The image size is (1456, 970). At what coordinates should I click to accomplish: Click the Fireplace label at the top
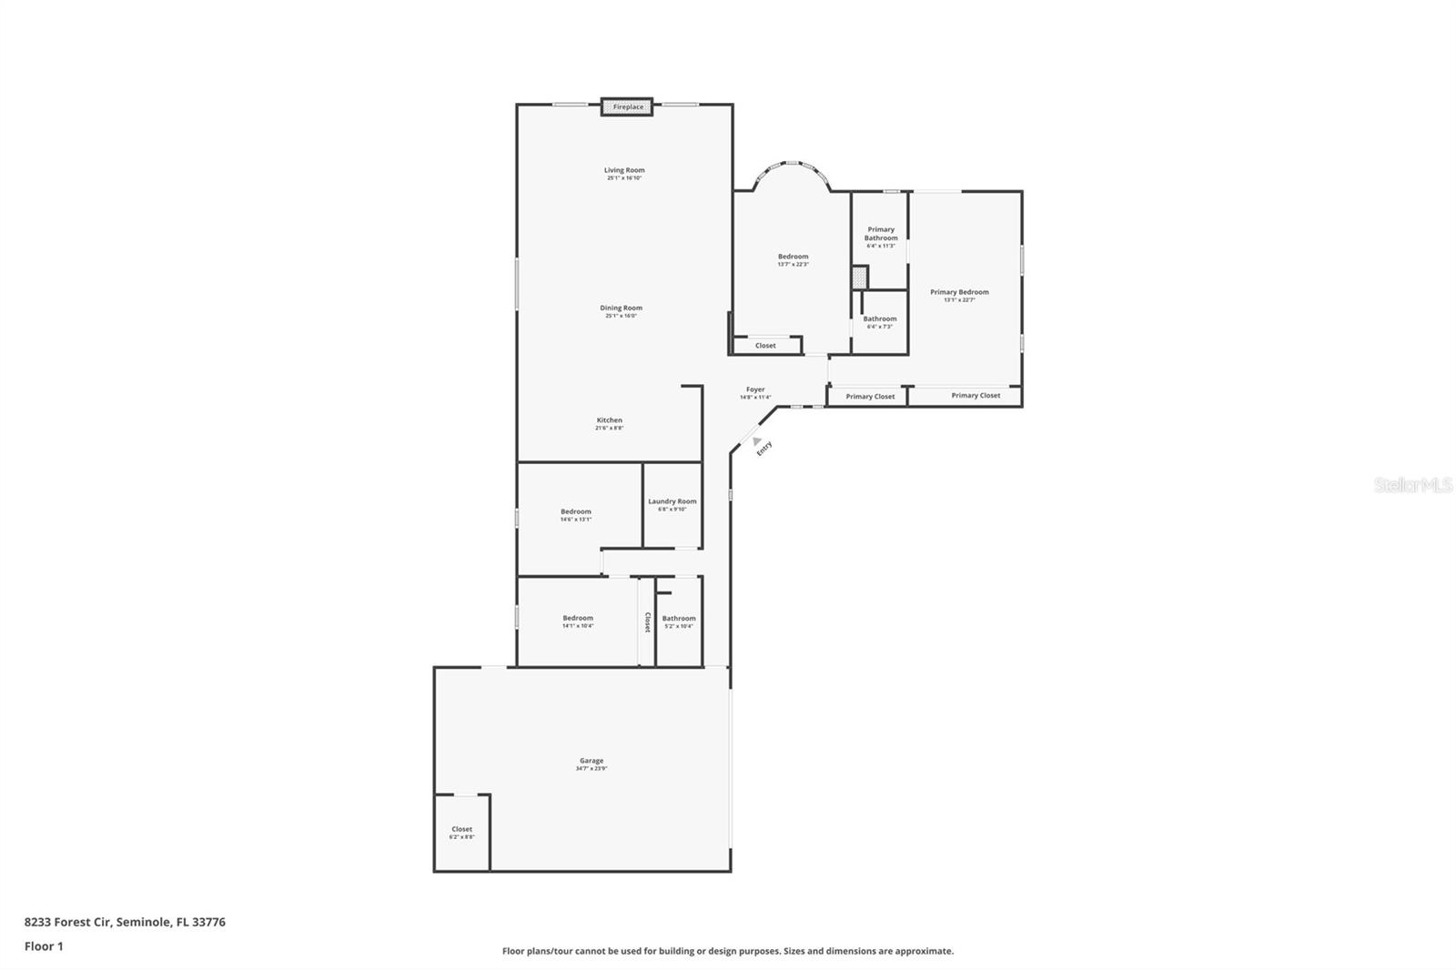tap(628, 107)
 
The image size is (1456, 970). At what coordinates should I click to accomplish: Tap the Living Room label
tap(624, 171)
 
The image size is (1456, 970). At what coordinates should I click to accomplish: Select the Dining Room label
tap(621, 308)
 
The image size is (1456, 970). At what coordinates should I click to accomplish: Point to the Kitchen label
tap(609, 420)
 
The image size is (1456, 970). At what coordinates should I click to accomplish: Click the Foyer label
tap(755, 389)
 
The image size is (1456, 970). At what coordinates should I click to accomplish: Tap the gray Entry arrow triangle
tap(756, 441)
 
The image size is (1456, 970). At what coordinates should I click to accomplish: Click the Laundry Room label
tap(672, 501)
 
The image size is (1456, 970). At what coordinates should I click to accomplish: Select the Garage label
tap(591, 761)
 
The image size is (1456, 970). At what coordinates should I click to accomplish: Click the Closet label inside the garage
tap(461, 829)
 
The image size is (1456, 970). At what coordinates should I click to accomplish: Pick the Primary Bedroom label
tap(959, 292)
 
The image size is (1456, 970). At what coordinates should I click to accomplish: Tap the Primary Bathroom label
tap(881, 234)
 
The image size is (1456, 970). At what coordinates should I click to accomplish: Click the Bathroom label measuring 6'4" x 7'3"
tap(880, 319)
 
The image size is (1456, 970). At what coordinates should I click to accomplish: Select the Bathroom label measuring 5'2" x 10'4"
tap(679, 619)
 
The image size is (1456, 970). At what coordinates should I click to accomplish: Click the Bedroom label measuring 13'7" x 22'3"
tap(793, 257)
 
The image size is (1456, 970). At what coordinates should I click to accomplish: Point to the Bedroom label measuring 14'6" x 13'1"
tap(575, 511)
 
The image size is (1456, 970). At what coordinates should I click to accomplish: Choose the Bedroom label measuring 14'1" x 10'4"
tap(577, 619)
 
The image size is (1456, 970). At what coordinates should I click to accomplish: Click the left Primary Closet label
tap(870, 397)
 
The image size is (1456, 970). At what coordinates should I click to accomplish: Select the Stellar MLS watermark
tap(1412, 485)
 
